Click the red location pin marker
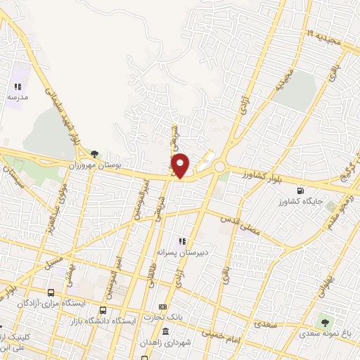[x=181, y=165]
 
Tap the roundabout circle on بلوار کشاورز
[x=219, y=167]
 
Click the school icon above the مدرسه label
[x=18, y=86]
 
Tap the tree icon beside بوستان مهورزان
[x=93, y=153]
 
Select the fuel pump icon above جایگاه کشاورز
[x=302, y=190]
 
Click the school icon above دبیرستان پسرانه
[x=181, y=241]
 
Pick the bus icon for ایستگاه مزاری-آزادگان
[x=51, y=292]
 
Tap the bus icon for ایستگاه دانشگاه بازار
[x=103, y=310]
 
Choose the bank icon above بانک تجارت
[x=162, y=307]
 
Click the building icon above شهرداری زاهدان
[x=165, y=331]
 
